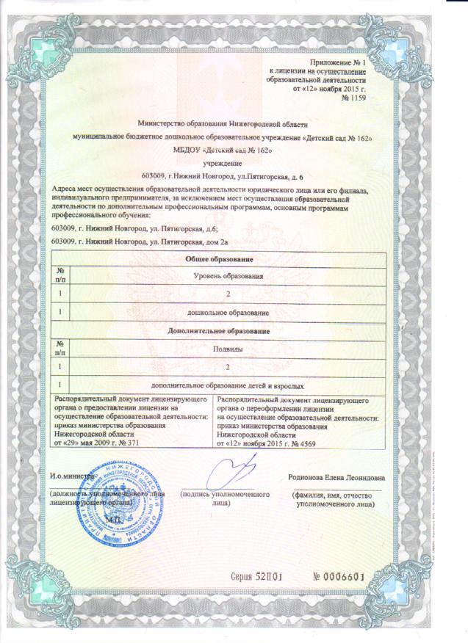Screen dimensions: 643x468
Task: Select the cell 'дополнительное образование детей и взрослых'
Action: pos(228,385)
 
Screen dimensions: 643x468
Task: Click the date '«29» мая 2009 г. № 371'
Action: pos(98,443)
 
